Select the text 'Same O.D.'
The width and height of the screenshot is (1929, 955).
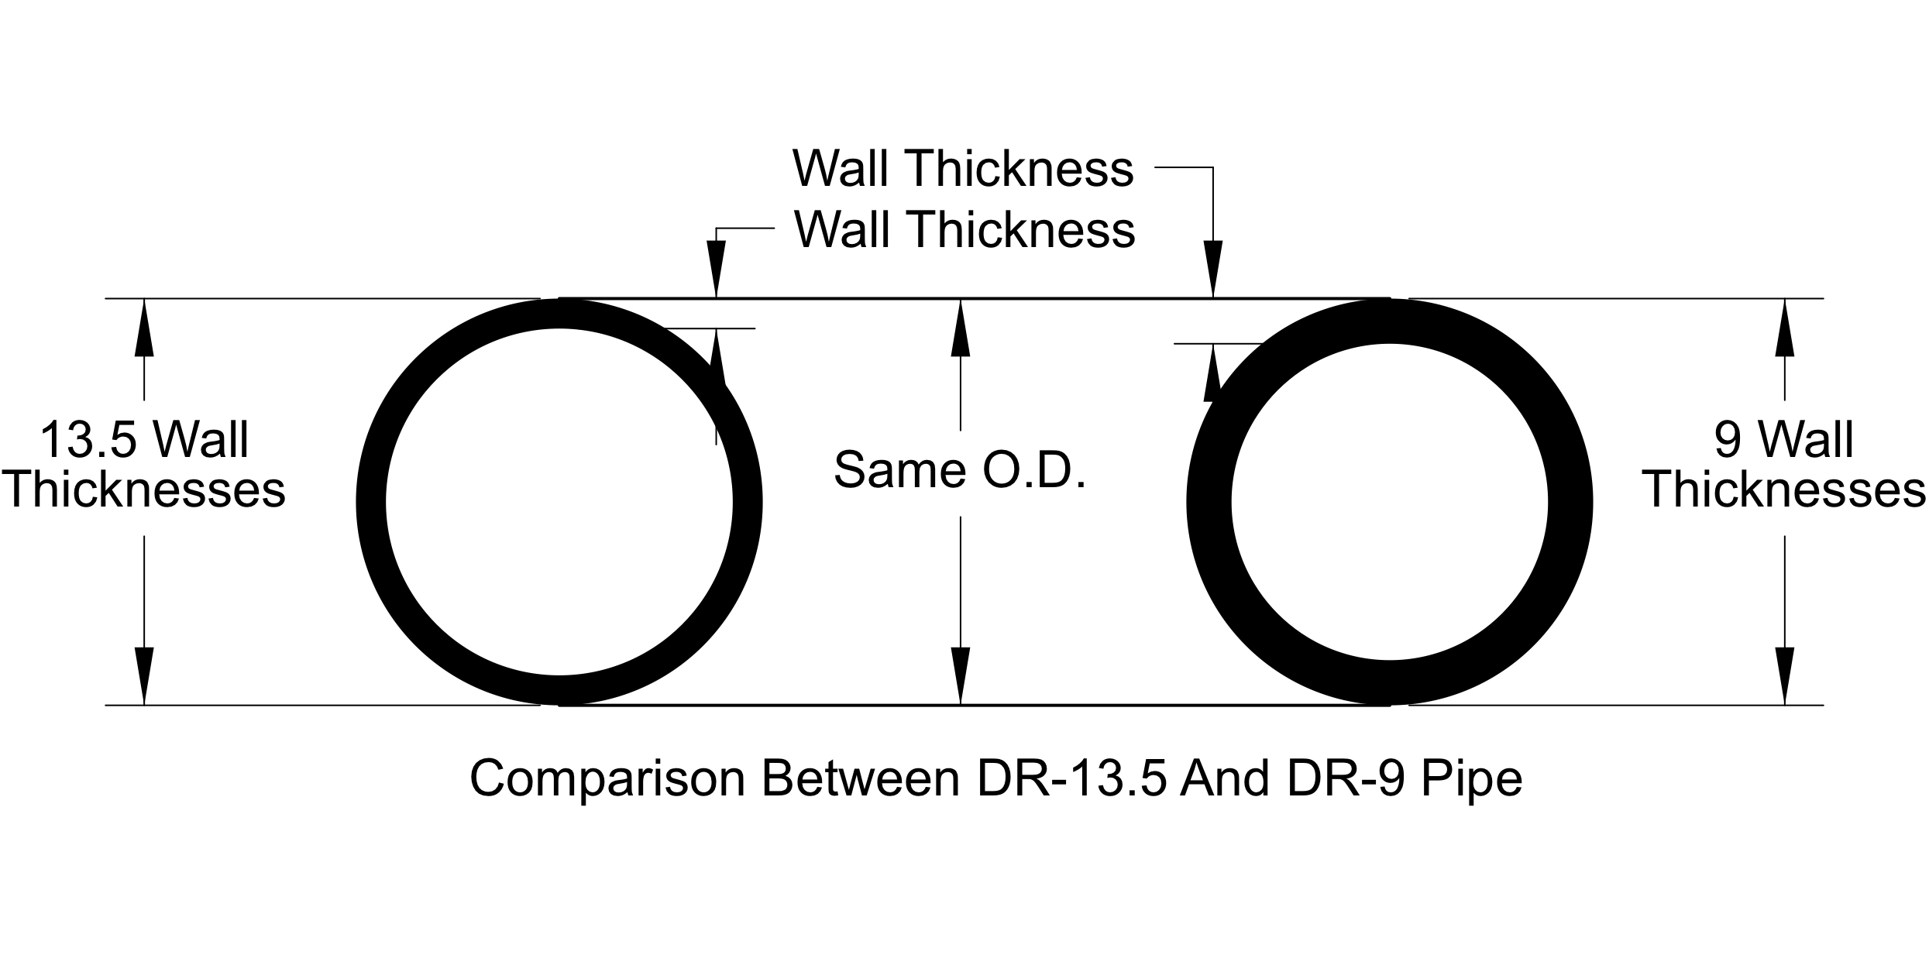960,470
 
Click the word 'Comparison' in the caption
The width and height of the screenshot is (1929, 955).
607,778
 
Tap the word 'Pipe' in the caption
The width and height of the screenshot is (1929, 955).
1472,778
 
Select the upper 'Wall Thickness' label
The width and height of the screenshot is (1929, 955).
963,168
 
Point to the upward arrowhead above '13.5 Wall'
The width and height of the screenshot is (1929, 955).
144,328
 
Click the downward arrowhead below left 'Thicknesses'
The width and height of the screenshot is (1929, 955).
144,675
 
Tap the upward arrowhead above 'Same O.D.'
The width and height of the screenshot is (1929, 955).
961,328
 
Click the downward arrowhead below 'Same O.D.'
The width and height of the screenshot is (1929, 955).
961,675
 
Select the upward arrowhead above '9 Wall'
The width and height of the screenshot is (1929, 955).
1785,328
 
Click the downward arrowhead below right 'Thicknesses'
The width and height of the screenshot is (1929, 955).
1785,675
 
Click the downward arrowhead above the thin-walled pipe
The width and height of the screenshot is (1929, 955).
716,269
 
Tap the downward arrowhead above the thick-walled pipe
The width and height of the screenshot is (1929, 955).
1212,269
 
